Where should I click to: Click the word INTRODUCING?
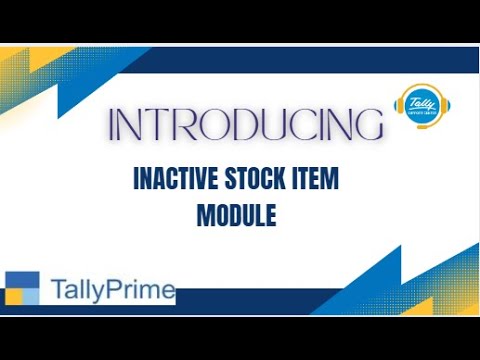[x=246, y=126]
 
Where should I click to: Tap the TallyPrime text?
[x=112, y=291]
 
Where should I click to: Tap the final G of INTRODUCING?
[x=368, y=126]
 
